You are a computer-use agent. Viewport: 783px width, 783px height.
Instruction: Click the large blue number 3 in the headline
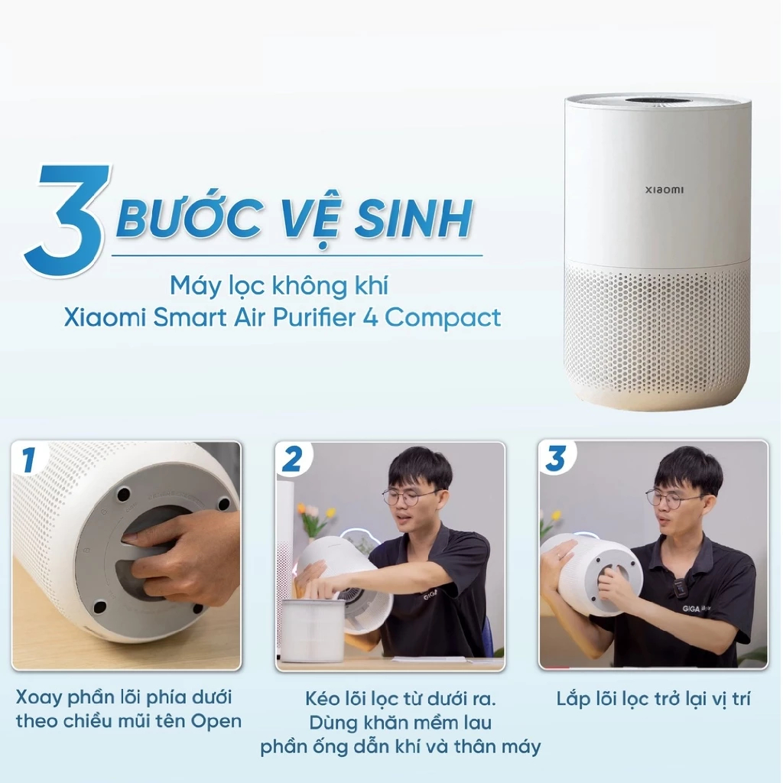(67, 219)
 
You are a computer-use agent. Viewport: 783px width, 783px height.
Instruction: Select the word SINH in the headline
(414, 218)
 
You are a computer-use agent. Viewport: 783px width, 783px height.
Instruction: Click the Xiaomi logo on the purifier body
(664, 190)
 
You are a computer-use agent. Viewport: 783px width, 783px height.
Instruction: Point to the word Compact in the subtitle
(443, 317)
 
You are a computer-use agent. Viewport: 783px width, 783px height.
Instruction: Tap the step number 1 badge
(28, 460)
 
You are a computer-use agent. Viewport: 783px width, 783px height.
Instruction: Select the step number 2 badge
(292, 460)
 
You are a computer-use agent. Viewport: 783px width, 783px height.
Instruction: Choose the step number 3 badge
(556, 459)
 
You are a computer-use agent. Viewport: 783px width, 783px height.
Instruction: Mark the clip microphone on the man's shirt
(679, 584)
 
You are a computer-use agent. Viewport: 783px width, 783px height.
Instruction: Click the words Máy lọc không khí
(278, 286)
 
